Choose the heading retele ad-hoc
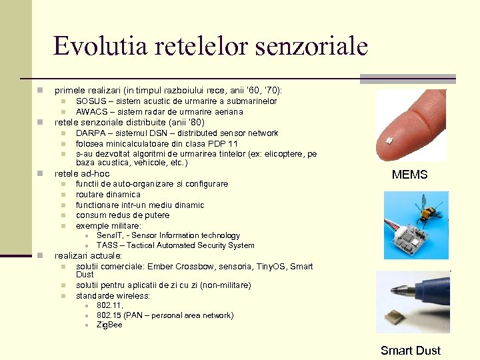(82, 173)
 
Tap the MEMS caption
(409, 175)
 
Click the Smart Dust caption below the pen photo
(410, 351)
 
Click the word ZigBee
(109, 325)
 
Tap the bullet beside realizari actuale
(41, 256)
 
